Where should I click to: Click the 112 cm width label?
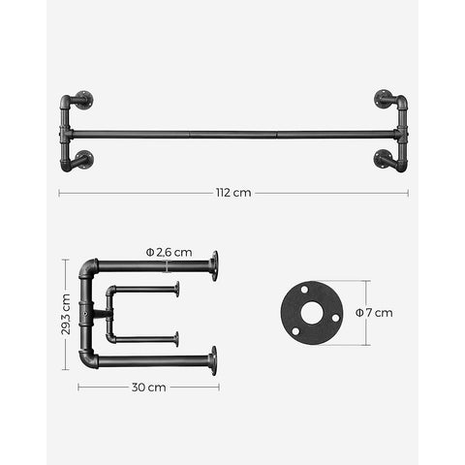tap(232, 193)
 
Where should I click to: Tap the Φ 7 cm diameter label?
tap(373, 313)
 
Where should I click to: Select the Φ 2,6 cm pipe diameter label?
tap(170, 252)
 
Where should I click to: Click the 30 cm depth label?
tap(149, 387)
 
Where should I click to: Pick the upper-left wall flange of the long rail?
tap(84, 98)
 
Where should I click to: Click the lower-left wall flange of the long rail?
tap(84, 160)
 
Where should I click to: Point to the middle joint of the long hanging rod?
tap(232, 133)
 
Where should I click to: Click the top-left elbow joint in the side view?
tap(88, 266)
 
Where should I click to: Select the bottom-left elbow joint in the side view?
tap(88, 360)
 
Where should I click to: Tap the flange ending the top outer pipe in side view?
tap(213, 264)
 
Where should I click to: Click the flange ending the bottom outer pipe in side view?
tap(213, 361)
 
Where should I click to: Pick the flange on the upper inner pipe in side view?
tap(177, 289)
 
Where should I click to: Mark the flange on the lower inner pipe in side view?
tap(177, 338)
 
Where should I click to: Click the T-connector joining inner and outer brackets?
tap(90, 314)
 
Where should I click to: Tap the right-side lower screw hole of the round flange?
tap(334, 318)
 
